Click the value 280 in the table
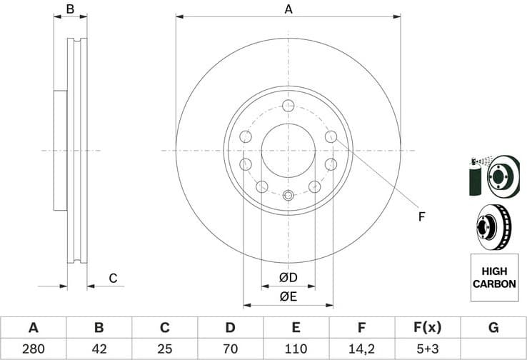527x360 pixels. [x=33, y=349]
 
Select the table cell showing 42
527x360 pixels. [x=99, y=349]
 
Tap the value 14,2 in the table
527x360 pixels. [x=361, y=349]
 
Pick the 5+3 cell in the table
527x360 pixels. [x=427, y=349]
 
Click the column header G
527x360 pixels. [x=493, y=328]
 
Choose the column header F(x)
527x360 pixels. [x=427, y=328]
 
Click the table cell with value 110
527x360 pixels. [x=296, y=349]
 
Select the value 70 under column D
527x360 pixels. [x=230, y=349]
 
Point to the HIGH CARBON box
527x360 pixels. [x=493, y=277]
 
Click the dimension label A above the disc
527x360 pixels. [x=288, y=9]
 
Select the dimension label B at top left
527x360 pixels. [x=70, y=9]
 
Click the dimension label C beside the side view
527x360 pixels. [x=112, y=278]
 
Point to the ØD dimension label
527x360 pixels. [x=288, y=277]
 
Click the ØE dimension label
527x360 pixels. [x=288, y=296]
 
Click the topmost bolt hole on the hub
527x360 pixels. [x=288, y=106]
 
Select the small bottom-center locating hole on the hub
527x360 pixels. [x=288, y=196]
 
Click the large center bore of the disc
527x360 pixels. [x=288, y=151]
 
